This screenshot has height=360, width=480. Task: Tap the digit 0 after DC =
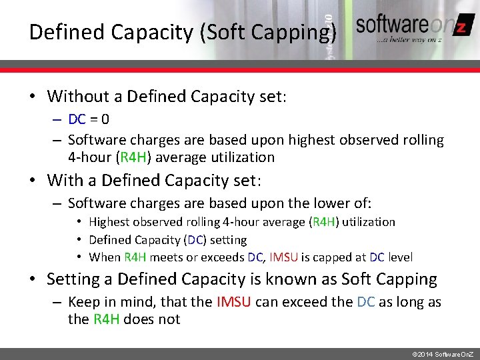click(105, 120)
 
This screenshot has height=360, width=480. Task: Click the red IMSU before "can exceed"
click(234, 302)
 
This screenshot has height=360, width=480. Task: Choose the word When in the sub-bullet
click(105, 257)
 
